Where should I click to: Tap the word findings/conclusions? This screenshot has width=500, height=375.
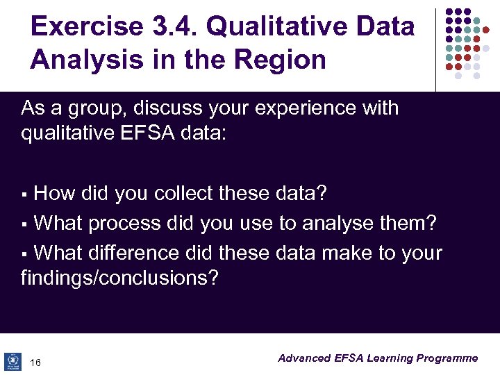119,278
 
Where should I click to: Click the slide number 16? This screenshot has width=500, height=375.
36,362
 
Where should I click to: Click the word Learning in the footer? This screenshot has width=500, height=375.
390,358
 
